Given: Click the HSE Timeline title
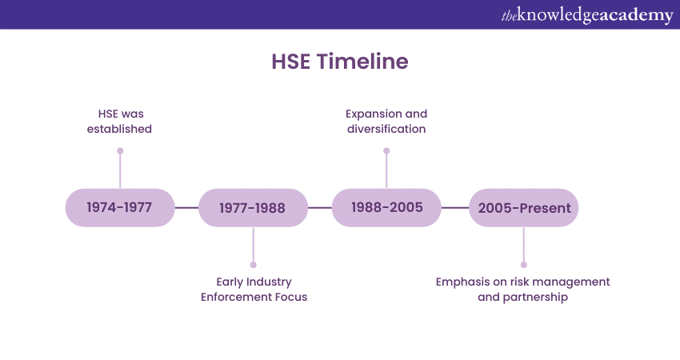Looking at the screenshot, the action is pyautogui.click(x=340, y=61).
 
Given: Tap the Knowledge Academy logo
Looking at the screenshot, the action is pyautogui.click(x=587, y=15).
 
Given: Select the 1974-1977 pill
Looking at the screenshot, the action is pyautogui.click(x=120, y=208).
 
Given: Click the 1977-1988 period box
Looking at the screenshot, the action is pyautogui.click(x=254, y=208).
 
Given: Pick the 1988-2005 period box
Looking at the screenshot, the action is pyautogui.click(x=386, y=208).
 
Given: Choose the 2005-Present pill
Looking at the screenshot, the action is pyautogui.click(x=524, y=208).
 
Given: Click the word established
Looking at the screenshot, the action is pyautogui.click(x=119, y=129).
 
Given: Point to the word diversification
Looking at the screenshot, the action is pyautogui.click(x=386, y=129).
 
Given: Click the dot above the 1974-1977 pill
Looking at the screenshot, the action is pyautogui.click(x=120, y=151).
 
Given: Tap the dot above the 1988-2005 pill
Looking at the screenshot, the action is pyautogui.click(x=386, y=151).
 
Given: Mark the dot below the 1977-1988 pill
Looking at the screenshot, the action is pyautogui.click(x=254, y=265).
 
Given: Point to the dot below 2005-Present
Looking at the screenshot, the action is pyautogui.click(x=524, y=265).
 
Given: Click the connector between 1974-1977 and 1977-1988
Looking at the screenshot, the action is pyautogui.click(x=187, y=208).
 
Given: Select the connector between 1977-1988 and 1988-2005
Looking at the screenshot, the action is pyautogui.click(x=320, y=208).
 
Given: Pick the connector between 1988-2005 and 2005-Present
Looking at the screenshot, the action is pyautogui.click(x=455, y=208).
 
